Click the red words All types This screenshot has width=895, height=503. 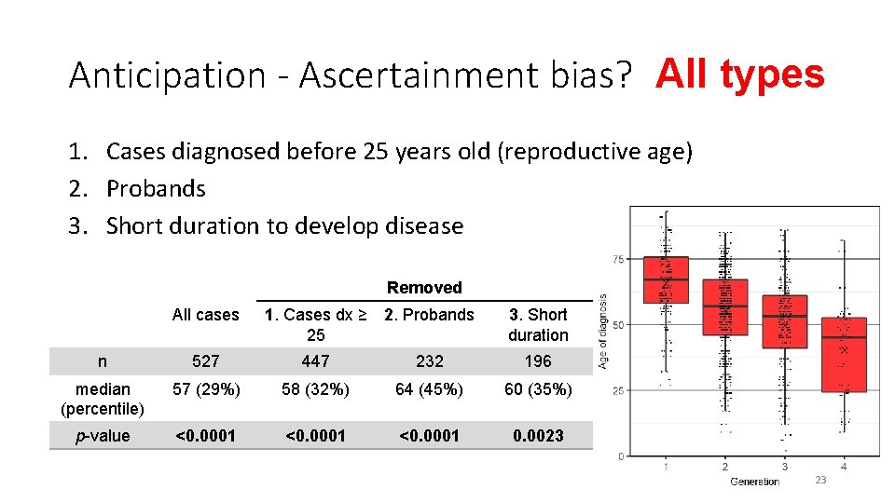(x=739, y=74)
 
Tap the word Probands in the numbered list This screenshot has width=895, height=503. (x=156, y=188)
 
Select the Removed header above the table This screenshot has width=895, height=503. (x=424, y=288)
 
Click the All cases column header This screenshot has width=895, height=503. (x=205, y=315)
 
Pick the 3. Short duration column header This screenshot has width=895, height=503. (x=538, y=324)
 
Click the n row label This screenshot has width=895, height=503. (x=103, y=361)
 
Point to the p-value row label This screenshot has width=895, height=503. (x=103, y=436)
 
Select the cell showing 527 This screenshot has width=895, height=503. (x=205, y=361)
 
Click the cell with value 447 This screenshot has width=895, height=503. (x=316, y=361)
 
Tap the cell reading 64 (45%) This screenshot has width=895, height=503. (x=429, y=389)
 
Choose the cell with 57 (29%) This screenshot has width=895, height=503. (x=205, y=389)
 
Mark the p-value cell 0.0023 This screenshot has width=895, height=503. (x=538, y=436)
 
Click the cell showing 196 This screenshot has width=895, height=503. (x=538, y=361)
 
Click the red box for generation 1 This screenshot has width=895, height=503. (x=666, y=279)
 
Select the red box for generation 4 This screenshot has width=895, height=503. (x=844, y=354)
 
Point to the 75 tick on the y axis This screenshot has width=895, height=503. (x=618, y=258)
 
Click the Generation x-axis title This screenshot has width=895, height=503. (x=754, y=482)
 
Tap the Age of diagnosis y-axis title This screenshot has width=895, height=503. (x=603, y=331)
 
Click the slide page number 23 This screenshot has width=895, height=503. (x=820, y=480)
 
